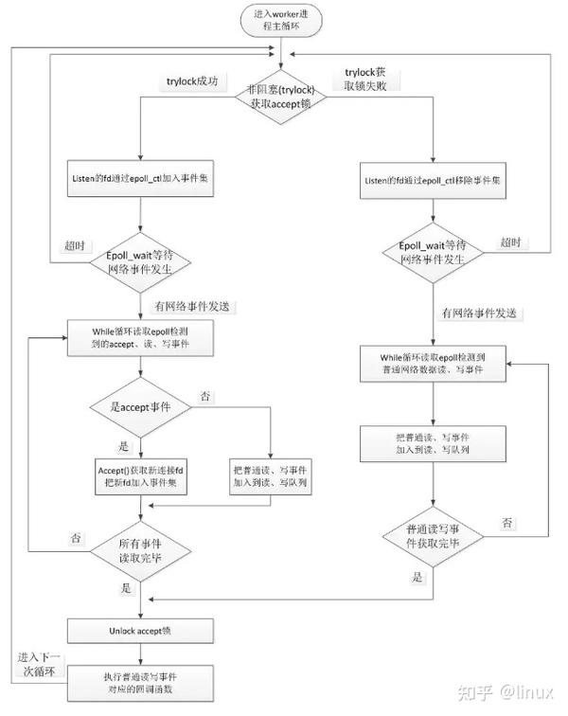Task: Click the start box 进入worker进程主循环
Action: click(x=284, y=22)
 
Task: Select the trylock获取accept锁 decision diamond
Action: click(x=284, y=98)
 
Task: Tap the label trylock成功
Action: click(x=193, y=82)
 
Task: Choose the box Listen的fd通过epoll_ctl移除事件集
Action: click(x=433, y=180)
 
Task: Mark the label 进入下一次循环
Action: click(x=38, y=666)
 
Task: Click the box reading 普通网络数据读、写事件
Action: click(x=433, y=364)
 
